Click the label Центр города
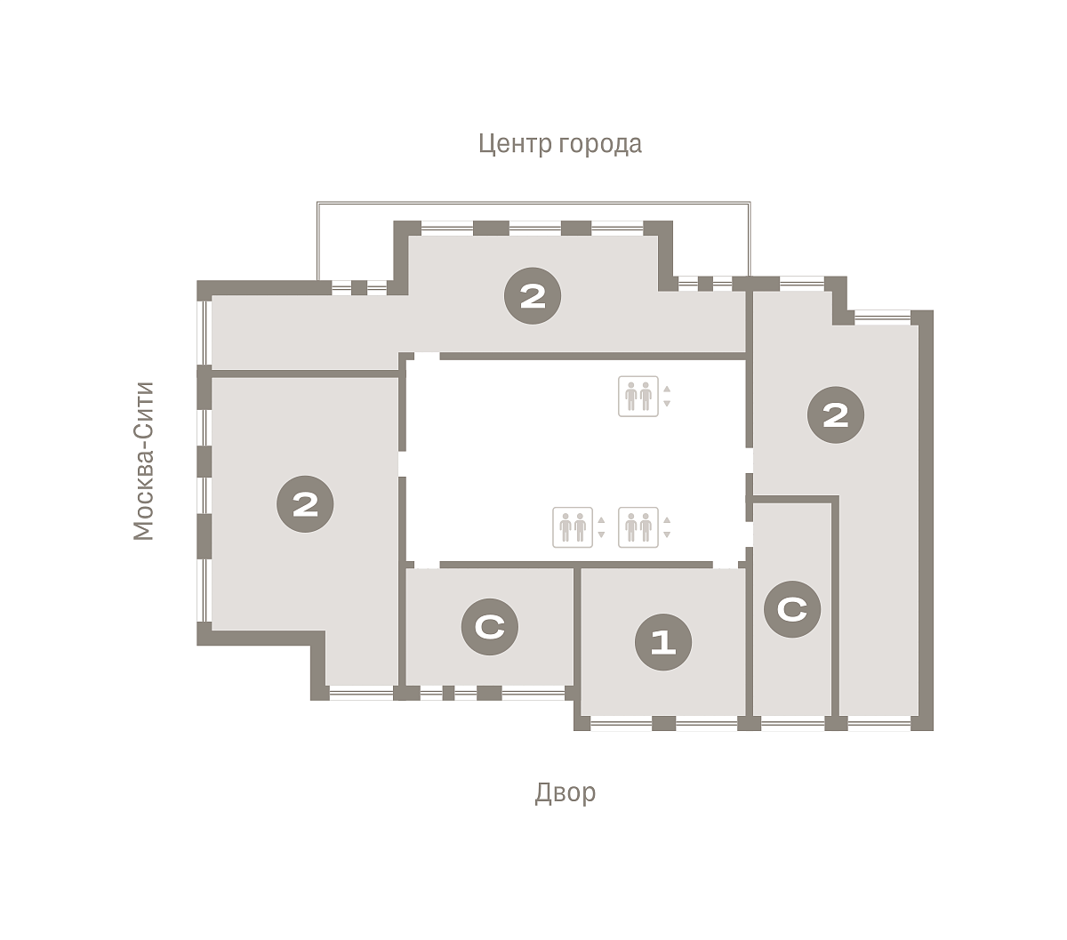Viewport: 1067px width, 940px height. [x=559, y=144]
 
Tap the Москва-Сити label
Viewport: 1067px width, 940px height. [x=143, y=461]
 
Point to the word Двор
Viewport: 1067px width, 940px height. [x=565, y=792]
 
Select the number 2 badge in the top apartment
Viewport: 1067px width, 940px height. [x=533, y=295]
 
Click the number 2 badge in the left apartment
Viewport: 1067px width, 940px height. [x=305, y=503]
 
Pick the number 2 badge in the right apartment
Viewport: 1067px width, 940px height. [x=835, y=414]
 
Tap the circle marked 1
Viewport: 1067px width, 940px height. [x=663, y=642]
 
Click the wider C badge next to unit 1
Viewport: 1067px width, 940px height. [x=490, y=626]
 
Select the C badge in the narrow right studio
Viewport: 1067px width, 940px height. [x=792, y=609]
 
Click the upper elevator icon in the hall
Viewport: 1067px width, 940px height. [x=638, y=397]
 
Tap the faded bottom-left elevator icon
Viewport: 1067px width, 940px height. [x=573, y=526]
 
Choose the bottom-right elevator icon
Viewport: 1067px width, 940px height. [x=638, y=526]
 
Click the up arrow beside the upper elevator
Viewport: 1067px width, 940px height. [x=667, y=389]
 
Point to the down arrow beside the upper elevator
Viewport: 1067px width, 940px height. [x=667, y=403]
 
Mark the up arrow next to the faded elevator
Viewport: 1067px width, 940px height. [x=601, y=520]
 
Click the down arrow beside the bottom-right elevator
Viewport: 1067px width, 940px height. [x=667, y=534]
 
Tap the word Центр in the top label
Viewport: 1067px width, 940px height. [x=515, y=144]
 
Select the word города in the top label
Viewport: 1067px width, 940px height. [x=600, y=144]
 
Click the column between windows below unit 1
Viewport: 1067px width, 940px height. [x=663, y=723]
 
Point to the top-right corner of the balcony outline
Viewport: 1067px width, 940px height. [x=750, y=202]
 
